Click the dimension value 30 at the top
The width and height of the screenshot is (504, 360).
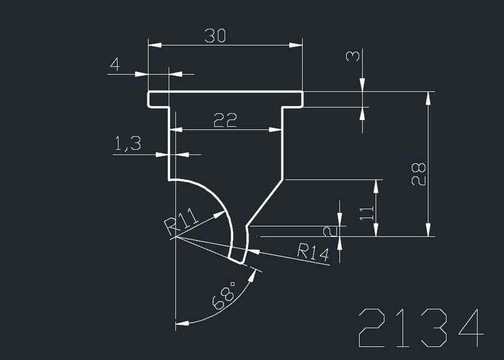click(x=214, y=36)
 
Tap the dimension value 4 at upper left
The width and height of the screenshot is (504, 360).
click(x=114, y=64)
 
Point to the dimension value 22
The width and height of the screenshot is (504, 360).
click(x=226, y=121)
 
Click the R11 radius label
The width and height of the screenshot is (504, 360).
click(x=181, y=221)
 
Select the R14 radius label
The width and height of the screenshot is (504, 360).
click(x=313, y=253)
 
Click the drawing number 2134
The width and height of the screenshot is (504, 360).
click(x=421, y=329)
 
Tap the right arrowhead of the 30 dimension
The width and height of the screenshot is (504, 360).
click(x=295, y=45)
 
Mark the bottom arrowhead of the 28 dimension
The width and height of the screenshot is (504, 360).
click(x=428, y=230)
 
